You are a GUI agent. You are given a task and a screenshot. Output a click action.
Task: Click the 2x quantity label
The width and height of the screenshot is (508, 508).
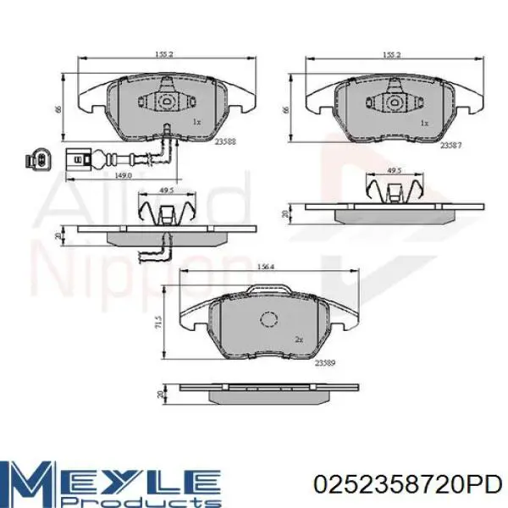300,339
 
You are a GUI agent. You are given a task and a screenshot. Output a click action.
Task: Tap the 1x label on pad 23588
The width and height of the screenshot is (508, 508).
196,123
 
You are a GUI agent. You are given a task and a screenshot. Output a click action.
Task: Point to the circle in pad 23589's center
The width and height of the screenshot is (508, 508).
270,320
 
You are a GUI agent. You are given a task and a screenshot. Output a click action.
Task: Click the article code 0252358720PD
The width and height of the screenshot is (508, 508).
406,483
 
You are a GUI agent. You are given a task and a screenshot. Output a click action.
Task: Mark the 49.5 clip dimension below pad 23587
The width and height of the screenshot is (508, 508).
394,172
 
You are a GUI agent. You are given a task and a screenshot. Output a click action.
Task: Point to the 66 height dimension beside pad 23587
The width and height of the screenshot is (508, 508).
287,108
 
